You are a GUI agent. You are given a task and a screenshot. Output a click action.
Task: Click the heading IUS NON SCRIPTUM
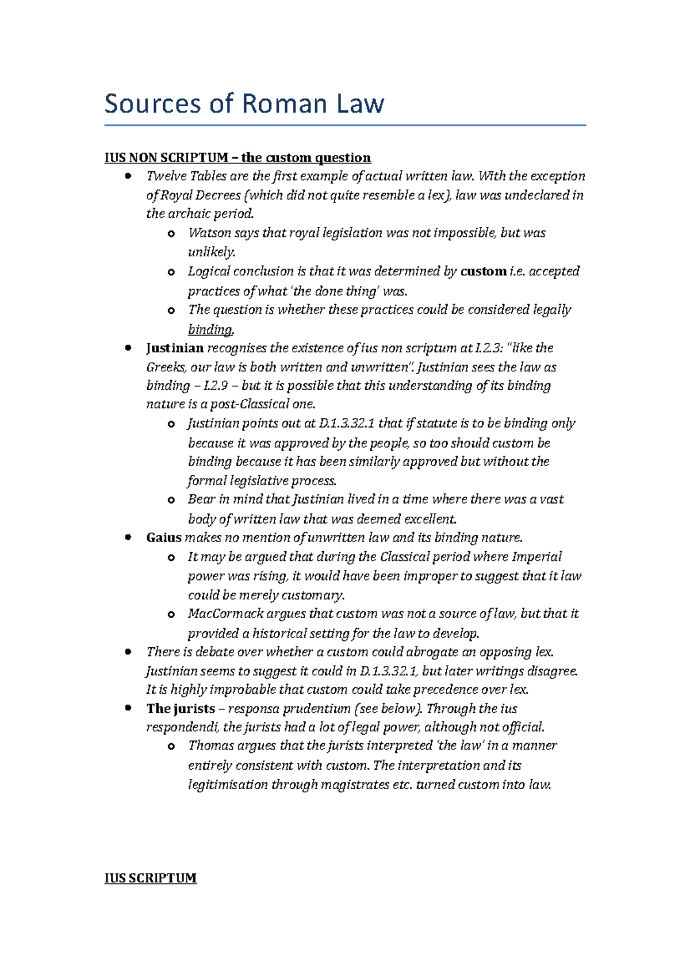166,157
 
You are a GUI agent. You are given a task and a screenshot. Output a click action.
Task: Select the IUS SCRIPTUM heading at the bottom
150,878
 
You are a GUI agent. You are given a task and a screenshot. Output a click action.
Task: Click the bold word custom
483,271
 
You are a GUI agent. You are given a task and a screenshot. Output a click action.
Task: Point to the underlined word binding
210,329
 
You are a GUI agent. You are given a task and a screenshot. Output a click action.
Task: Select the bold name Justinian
175,348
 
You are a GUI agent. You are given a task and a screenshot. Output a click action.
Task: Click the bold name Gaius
164,538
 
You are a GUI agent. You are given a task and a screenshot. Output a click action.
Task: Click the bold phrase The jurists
181,709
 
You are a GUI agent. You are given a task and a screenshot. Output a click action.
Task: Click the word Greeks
164,367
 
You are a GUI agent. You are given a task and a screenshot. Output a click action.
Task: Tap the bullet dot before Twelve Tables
128,176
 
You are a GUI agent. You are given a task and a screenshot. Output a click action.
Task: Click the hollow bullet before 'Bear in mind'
171,500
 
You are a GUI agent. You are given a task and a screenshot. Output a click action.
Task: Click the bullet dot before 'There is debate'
128,652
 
